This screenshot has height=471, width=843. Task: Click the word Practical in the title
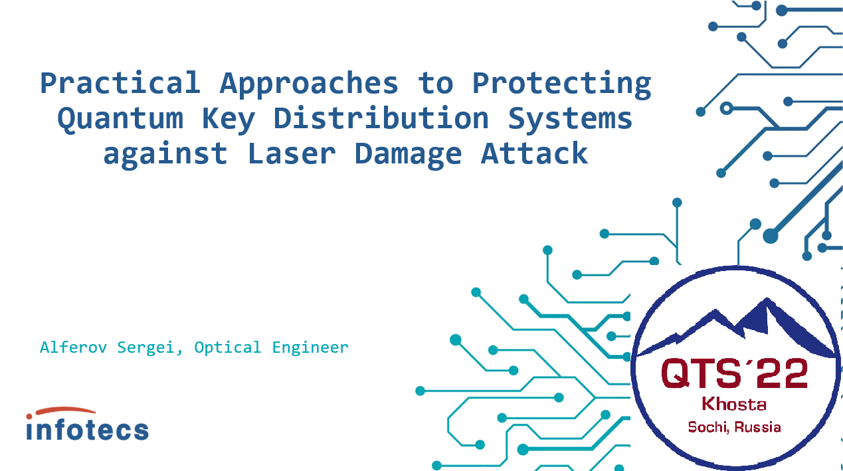(120, 83)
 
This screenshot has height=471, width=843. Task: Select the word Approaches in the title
(309, 83)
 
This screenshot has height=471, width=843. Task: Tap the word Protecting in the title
(561, 83)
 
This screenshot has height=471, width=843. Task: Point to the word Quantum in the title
(120, 119)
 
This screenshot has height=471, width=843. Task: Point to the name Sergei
(148, 347)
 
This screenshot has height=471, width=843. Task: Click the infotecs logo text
(88, 428)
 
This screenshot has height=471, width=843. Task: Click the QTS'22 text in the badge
(734, 373)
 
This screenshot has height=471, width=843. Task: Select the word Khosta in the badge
(734, 405)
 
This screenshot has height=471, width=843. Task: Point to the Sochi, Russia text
(734, 427)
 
